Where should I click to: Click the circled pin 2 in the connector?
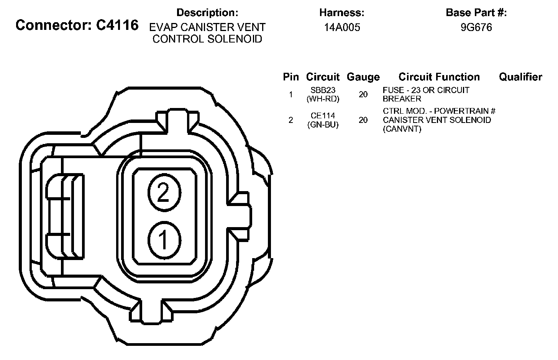pos(164,192)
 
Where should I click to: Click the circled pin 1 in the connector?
pos(164,240)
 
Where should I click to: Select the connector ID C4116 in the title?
pos(117,25)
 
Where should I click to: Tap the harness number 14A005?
pos(342,28)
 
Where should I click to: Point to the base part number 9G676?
pos(476,28)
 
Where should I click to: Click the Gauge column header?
pos(363,77)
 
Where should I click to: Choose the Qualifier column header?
pos(520,77)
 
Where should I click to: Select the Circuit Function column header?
pos(439,77)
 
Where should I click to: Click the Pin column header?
pos(291,77)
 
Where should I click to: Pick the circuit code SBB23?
pos(323,90)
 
